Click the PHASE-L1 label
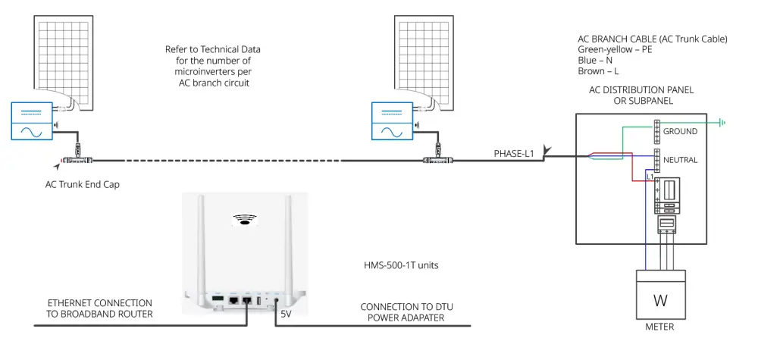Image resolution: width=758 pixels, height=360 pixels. coord(515,154)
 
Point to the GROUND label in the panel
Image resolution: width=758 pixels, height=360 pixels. coord(680,131)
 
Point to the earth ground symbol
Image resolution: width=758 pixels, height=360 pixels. coord(723,121)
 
